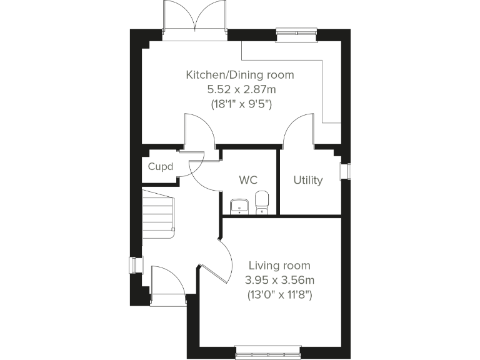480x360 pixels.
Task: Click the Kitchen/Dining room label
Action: click(x=239, y=75)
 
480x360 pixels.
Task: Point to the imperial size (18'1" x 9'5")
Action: click(x=239, y=104)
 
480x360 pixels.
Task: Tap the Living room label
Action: click(x=279, y=266)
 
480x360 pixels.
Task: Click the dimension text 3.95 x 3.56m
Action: click(x=279, y=279)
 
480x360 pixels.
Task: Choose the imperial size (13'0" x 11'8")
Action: click(x=279, y=294)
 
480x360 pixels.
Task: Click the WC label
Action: click(x=248, y=180)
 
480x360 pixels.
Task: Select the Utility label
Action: click(x=308, y=180)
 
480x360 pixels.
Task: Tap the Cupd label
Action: click(x=160, y=167)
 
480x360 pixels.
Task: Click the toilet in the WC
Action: click(x=262, y=203)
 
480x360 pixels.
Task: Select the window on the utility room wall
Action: click(x=344, y=171)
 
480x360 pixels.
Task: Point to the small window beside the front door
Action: click(x=132, y=265)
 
